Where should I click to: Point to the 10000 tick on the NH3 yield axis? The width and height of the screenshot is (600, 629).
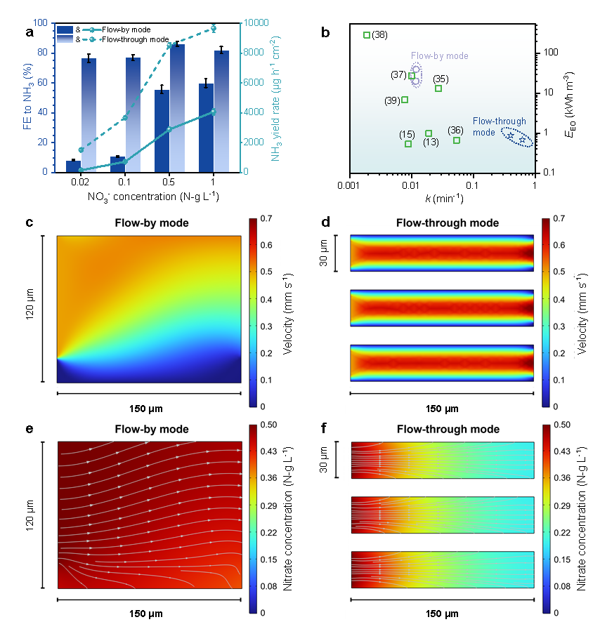[257, 23]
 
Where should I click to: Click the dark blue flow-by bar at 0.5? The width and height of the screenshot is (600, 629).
[162, 131]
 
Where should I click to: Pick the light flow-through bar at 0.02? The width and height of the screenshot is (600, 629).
[88, 115]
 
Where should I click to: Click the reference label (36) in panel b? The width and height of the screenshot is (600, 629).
[455, 130]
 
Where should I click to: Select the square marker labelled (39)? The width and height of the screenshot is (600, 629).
[405, 100]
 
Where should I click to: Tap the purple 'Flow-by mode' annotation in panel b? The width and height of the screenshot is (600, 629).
[440, 56]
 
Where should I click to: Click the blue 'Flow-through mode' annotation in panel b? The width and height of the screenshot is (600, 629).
[493, 126]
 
